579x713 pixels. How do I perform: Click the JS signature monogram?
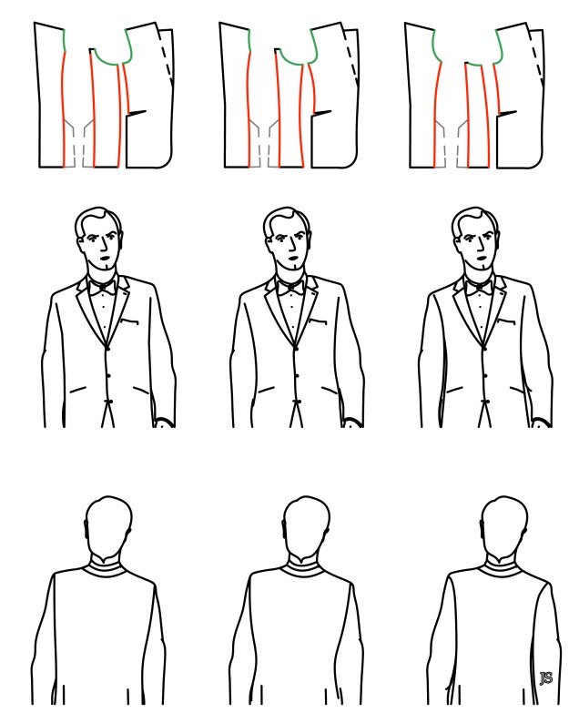pyautogui.click(x=546, y=678)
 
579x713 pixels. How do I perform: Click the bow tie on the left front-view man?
pyautogui.click(x=102, y=287)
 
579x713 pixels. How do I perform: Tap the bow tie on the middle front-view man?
pyautogui.click(x=290, y=287)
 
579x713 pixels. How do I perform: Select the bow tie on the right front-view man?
pyautogui.click(x=479, y=287)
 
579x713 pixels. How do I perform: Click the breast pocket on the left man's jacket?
pyautogui.click(x=129, y=321)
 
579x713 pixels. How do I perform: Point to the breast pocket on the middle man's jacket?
pyautogui.click(x=318, y=321)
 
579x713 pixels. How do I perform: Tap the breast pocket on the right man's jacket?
pyautogui.click(x=506, y=321)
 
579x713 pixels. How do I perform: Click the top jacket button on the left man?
pyautogui.click(x=107, y=349)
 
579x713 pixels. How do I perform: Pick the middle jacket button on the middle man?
pyautogui.click(x=297, y=375)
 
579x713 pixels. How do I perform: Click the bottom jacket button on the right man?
pyautogui.click(x=485, y=402)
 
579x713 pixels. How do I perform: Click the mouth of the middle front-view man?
pyautogui.click(x=292, y=259)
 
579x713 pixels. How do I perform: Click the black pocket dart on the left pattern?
pyautogui.click(x=137, y=112)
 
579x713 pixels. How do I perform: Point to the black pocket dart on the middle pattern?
pyautogui.click(x=322, y=112)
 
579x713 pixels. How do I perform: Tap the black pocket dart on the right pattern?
pyautogui.click(x=508, y=112)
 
